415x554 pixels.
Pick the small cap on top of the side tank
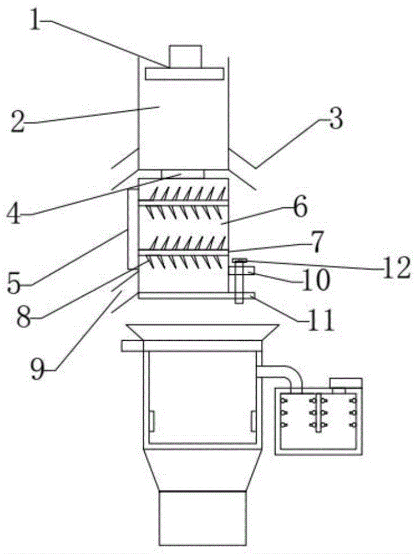(x=346, y=383)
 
